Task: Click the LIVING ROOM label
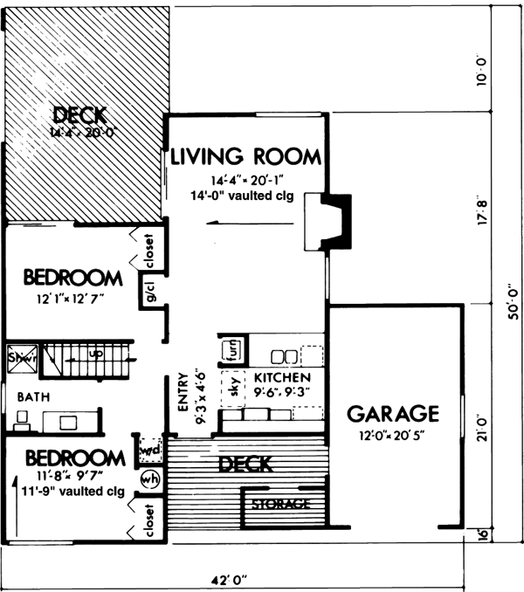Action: tap(245, 157)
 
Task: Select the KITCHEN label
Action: tap(282, 377)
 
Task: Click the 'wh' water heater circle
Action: tap(148, 479)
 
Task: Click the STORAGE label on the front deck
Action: tap(280, 505)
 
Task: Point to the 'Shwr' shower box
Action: tap(19, 356)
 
